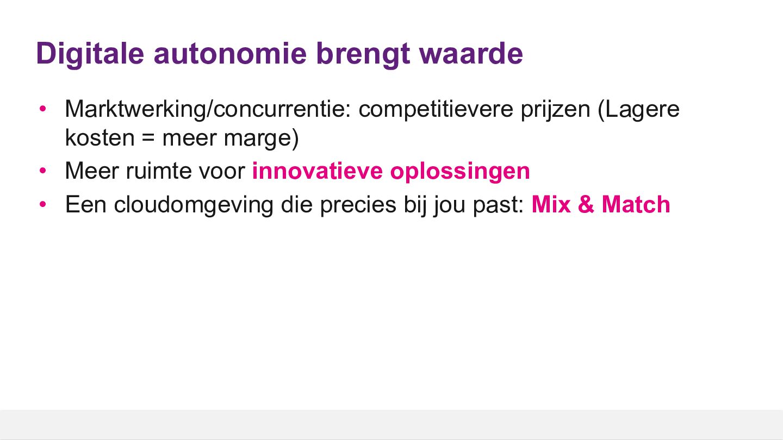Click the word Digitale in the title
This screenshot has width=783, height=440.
(x=90, y=54)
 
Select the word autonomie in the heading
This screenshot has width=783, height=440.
(x=231, y=54)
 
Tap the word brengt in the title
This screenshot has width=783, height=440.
(x=363, y=55)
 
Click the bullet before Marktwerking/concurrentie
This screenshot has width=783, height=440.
(x=43, y=109)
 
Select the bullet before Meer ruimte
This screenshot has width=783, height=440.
(x=43, y=171)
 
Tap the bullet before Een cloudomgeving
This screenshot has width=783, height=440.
(x=43, y=204)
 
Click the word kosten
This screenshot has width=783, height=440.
(x=100, y=137)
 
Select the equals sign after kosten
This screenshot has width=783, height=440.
(x=148, y=138)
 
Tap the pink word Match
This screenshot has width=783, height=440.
(x=636, y=204)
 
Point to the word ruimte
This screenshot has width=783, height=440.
(x=159, y=171)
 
